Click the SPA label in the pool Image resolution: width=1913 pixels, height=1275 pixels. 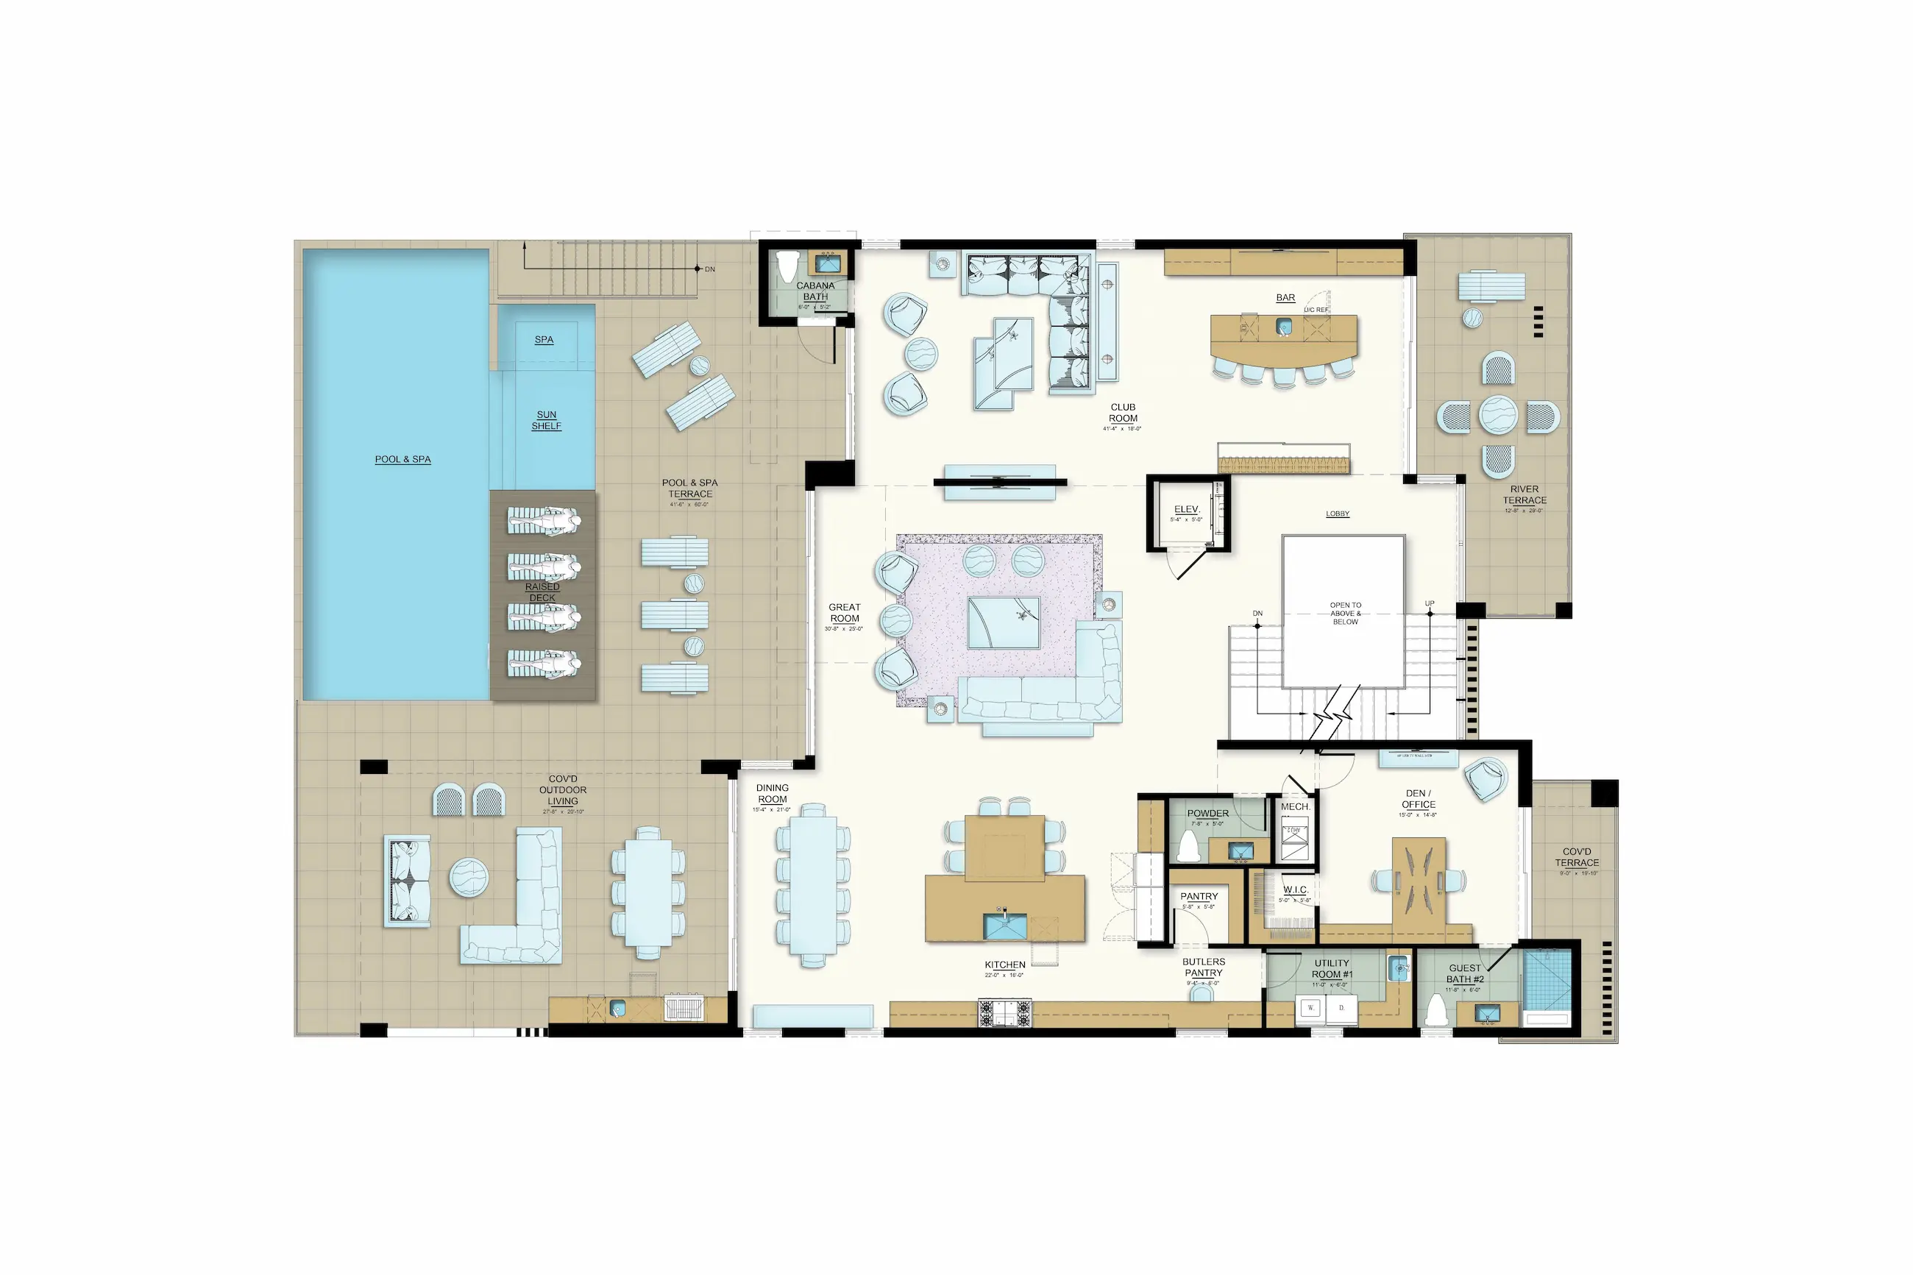[x=544, y=340]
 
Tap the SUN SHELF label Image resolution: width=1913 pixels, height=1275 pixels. [x=547, y=420]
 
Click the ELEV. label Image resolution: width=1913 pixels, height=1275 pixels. [x=1186, y=510]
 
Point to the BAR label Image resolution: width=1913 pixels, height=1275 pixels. [x=1285, y=298]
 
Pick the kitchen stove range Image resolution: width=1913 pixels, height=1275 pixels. [x=1005, y=1013]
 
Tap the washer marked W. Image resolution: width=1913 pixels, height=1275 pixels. [x=1310, y=1008]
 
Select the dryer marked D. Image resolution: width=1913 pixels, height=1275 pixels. [x=1341, y=1008]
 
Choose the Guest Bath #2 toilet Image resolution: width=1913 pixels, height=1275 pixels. [x=1435, y=1011]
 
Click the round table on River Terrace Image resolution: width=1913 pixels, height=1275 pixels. [x=1497, y=415]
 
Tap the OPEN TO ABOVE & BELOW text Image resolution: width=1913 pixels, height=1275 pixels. [x=1345, y=613]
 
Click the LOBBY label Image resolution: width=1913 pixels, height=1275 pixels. [x=1338, y=514]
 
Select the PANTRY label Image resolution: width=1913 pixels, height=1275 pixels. [x=1199, y=896]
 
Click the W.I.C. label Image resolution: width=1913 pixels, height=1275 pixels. [x=1295, y=889]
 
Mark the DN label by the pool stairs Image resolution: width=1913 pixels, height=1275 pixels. [x=710, y=269]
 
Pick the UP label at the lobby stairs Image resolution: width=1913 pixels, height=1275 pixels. [x=1430, y=603]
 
